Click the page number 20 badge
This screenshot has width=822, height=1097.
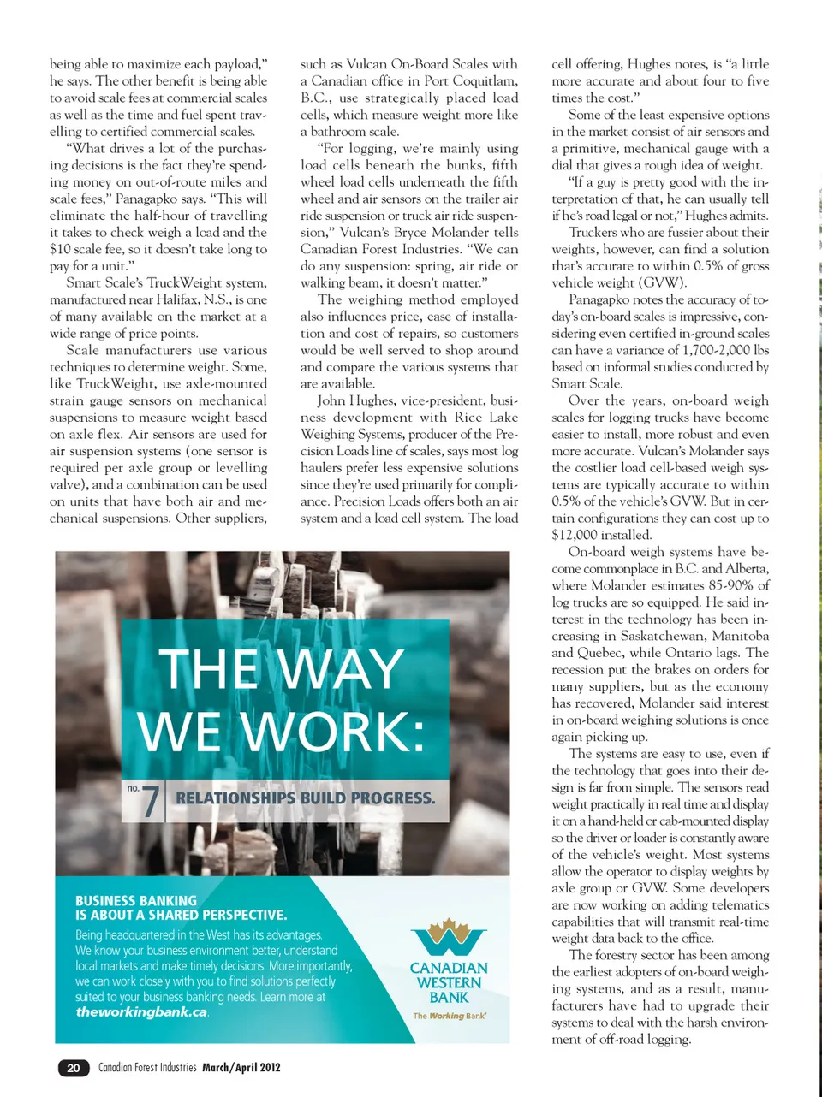coord(74,1067)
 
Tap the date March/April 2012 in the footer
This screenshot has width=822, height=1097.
coord(241,1067)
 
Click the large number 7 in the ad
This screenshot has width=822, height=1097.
coord(151,801)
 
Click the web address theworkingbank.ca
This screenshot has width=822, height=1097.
coord(141,1011)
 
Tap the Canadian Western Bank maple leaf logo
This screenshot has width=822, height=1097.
coord(449,935)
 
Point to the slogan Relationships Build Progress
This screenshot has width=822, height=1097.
coord(305,798)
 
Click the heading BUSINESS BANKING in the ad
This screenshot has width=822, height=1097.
coord(136,900)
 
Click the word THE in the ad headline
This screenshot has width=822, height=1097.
coord(208,668)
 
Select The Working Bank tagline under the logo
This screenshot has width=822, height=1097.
coord(450,1016)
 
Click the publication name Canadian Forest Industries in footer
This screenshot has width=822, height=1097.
coord(147,1067)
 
